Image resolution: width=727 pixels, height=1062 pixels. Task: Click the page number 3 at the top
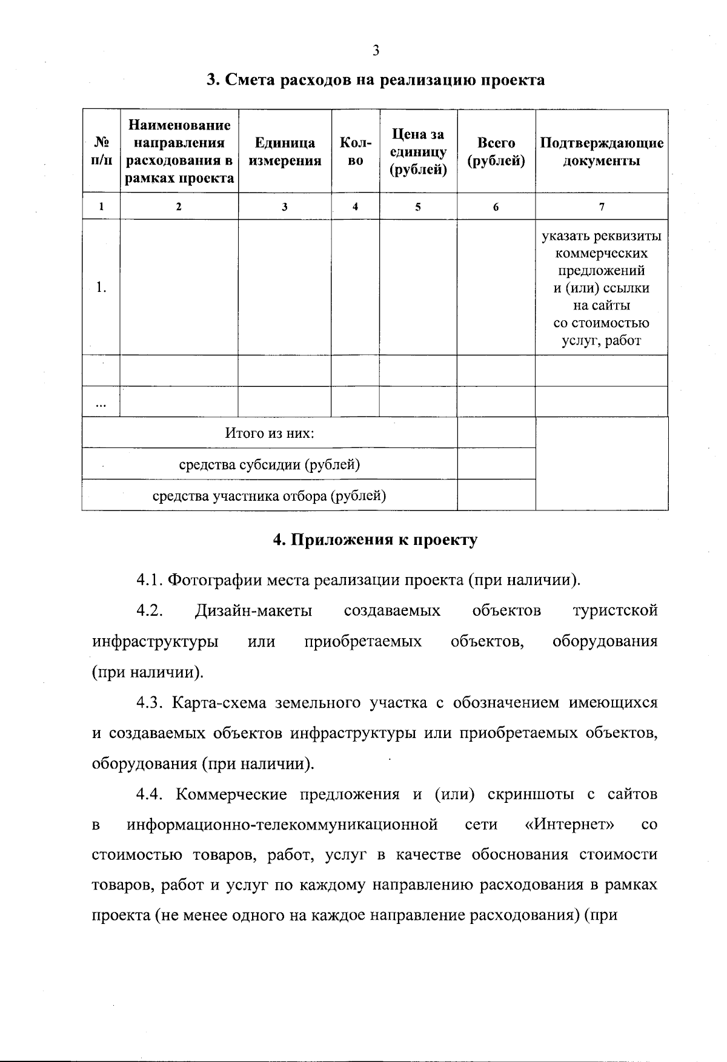point(376,51)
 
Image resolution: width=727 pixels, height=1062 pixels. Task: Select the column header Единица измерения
point(285,151)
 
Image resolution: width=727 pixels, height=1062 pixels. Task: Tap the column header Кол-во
point(356,151)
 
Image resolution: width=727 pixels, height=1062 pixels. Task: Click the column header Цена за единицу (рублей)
point(418,151)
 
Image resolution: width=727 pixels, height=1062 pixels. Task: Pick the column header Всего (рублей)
point(496,151)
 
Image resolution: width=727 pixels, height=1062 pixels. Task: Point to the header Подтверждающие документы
point(602,151)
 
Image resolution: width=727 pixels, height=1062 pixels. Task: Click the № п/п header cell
point(101,151)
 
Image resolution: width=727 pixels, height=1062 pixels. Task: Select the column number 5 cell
point(418,206)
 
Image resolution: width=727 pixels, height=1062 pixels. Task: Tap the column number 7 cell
point(602,206)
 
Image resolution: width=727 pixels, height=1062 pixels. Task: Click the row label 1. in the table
point(101,288)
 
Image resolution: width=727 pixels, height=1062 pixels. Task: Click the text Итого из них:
point(270,433)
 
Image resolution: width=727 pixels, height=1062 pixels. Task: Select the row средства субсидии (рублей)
point(270,464)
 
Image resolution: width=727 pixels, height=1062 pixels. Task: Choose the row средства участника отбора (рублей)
point(270,496)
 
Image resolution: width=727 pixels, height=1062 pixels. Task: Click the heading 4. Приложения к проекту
point(375,539)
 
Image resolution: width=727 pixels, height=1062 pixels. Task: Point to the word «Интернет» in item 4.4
point(569,824)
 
